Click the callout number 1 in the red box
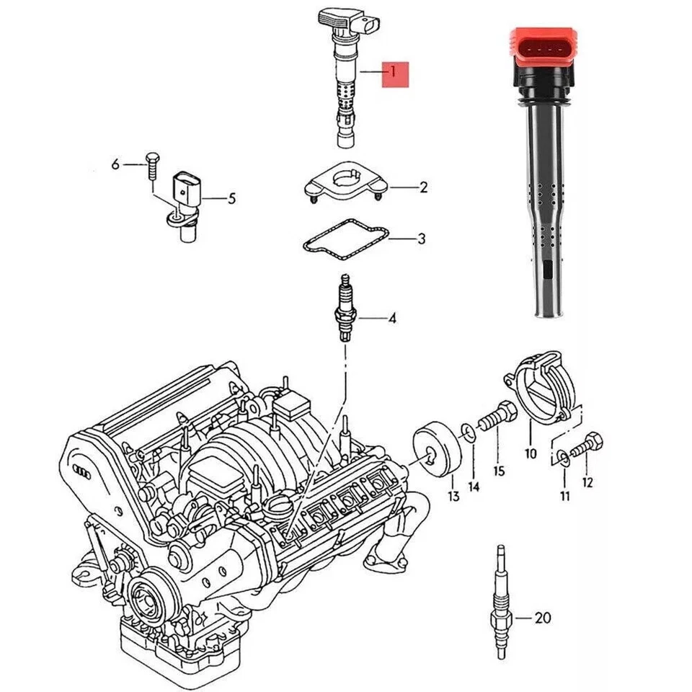click(394, 72)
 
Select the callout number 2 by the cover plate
click(424, 188)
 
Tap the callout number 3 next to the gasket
click(422, 239)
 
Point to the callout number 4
click(392, 318)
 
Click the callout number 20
click(543, 618)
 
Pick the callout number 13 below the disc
click(453, 496)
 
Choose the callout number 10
click(531, 454)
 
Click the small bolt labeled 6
click(151, 166)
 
